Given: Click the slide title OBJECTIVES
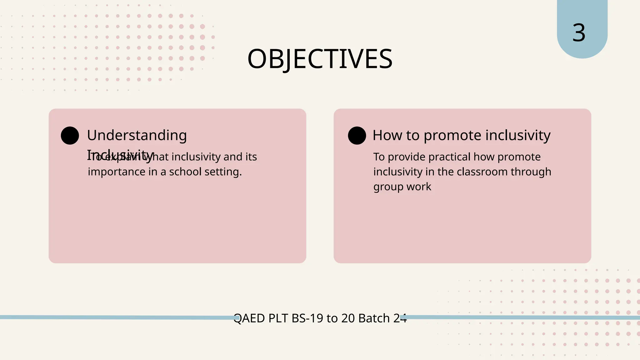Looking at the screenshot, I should [320, 59].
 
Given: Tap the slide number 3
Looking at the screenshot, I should [579, 33].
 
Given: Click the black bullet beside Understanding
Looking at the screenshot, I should [70, 136].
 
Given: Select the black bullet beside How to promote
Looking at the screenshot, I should [357, 136].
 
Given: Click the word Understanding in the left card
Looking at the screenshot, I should [137, 136].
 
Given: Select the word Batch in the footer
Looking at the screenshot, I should [374, 318].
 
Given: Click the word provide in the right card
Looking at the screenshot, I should [407, 157].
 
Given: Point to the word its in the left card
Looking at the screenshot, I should [251, 157].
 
